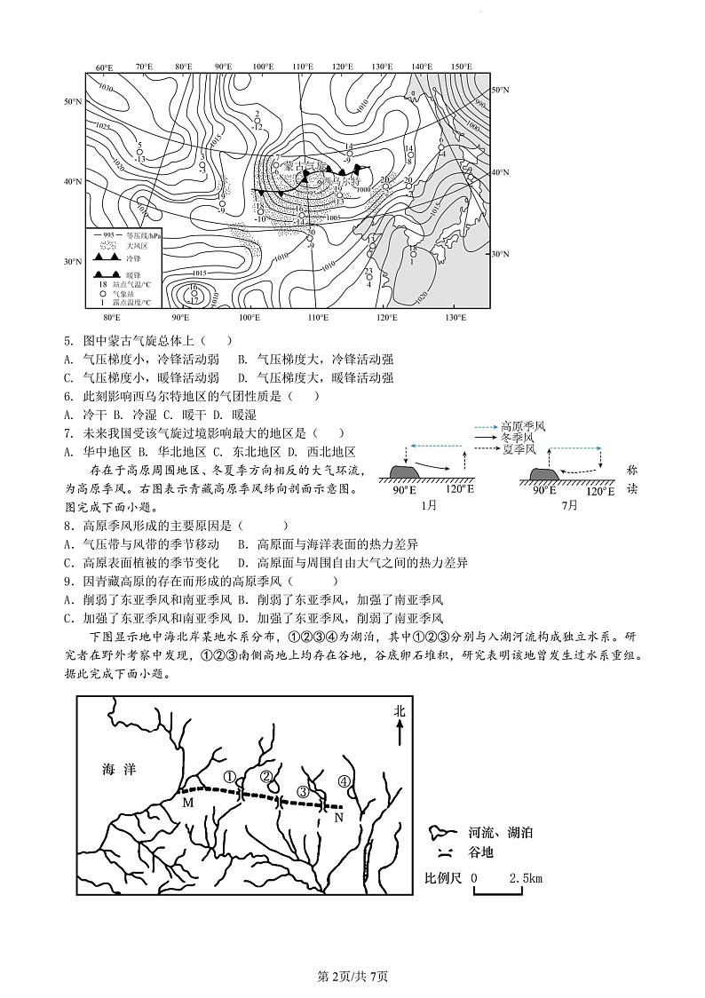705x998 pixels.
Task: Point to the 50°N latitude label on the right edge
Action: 500,91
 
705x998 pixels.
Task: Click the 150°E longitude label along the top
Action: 460,67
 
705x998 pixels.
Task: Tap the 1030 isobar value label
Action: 106,89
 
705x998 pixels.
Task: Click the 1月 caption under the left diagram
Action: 429,505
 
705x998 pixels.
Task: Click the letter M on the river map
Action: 187,803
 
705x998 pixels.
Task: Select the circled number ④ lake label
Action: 345,781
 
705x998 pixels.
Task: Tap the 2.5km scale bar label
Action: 526,878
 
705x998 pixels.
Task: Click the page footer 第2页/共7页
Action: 352,976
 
